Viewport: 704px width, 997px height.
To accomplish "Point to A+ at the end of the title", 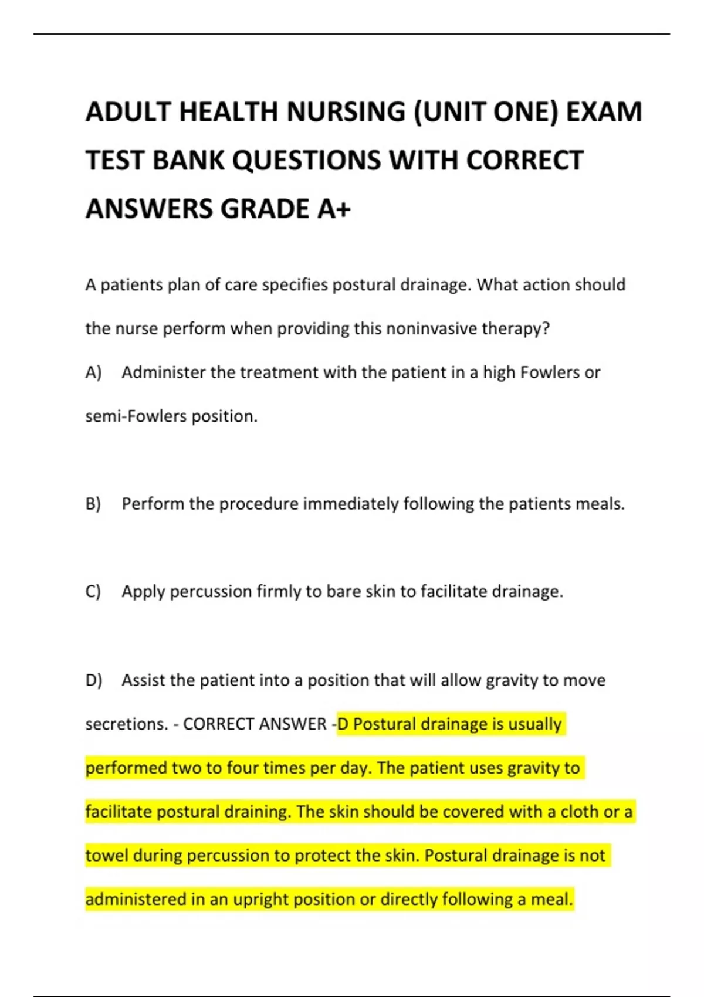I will (x=334, y=209).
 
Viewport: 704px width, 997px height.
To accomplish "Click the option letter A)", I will (x=93, y=372).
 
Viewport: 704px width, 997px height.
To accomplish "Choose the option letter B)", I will (x=93, y=504).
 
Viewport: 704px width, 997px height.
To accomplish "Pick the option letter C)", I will (x=93, y=591).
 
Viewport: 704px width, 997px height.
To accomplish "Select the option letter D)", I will (x=94, y=680).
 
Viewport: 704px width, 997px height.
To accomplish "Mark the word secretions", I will (x=127, y=724).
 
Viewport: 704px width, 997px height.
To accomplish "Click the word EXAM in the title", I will (x=604, y=111).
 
